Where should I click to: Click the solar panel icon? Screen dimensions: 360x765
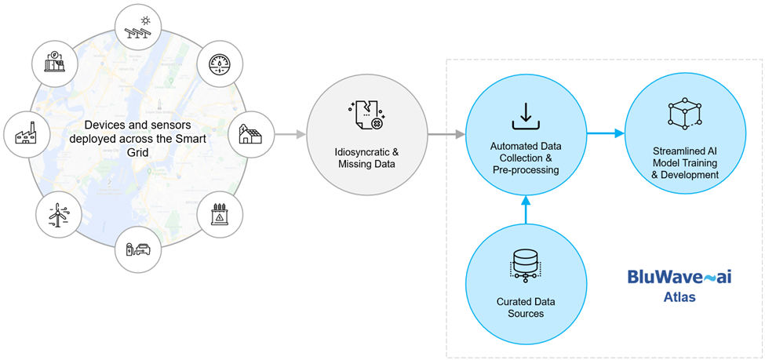click(138, 27)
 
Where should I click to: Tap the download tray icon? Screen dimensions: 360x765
click(524, 115)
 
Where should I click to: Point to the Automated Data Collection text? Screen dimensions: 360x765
click(524, 153)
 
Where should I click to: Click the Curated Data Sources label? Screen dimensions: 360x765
click(525, 307)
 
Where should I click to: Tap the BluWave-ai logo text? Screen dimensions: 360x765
click(679, 277)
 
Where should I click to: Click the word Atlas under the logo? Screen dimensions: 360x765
click(679, 298)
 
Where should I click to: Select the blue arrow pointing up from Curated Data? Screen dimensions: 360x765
click(525, 209)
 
